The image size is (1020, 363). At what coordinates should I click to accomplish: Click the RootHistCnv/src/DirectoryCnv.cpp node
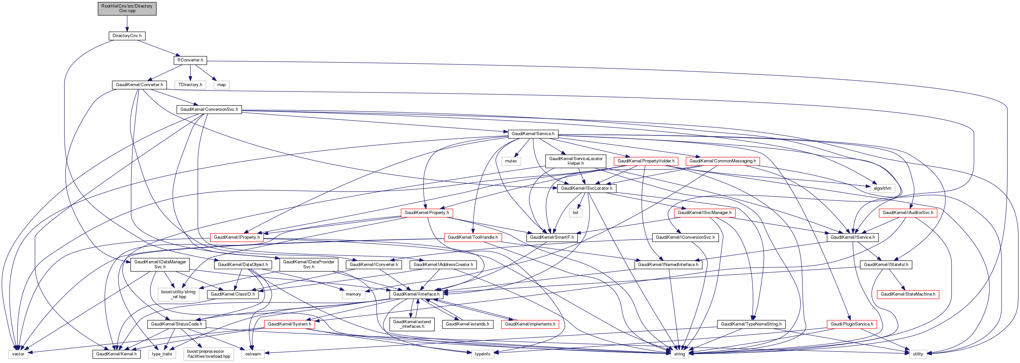[x=127, y=9]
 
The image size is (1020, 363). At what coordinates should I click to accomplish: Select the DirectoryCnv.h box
[x=127, y=36]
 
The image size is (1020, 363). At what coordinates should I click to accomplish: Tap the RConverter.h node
[x=190, y=60]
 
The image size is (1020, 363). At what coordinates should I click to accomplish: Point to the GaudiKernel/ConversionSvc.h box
[x=209, y=109]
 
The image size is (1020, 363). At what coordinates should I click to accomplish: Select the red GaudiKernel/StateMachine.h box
[x=908, y=295]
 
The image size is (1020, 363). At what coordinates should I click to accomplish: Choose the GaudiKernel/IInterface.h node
[x=416, y=295]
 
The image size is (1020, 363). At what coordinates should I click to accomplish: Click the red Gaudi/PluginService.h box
[x=852, y=325]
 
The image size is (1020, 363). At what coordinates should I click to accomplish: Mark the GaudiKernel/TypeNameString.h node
[x=751, y=325]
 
